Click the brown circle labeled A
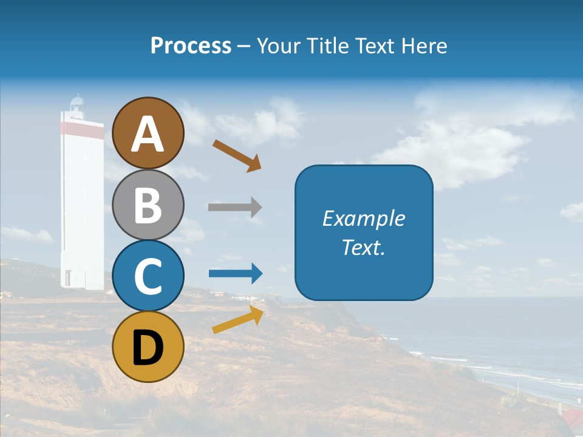(148, 133)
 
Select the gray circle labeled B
(148, 205)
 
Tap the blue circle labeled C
(148, 276)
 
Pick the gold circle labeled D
(148, 347)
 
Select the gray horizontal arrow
(235, 207)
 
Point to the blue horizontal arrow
(236, 274)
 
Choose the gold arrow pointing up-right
(237, 320)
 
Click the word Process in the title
(191, 46)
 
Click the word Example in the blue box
(364, 218)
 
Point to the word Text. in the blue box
(364, 248)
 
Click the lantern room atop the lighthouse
(77, 106)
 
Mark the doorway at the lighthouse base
(68, 279)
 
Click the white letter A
(148, 134)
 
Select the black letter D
(148, 348)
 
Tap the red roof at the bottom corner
(572, 419)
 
